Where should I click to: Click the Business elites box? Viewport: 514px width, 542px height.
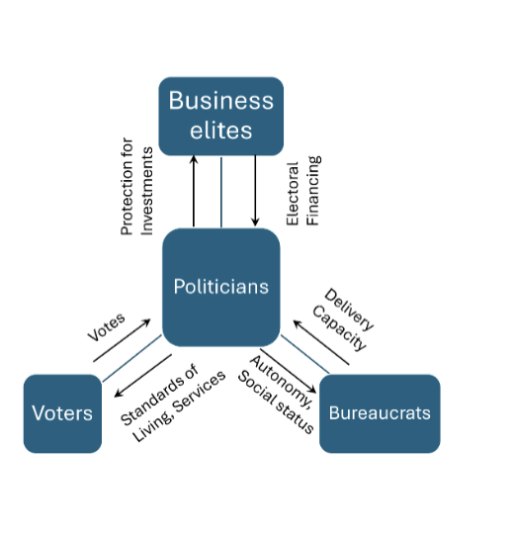(x=220, y=116)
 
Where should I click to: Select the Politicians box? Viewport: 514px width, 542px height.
(x=220, y=287)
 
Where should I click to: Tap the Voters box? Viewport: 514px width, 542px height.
(x=62, y=413)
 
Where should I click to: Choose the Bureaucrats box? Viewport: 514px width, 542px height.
(x=380, y=413)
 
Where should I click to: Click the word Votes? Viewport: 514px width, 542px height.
(x=106, y=327)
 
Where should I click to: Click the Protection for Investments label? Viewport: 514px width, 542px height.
(x=136, y=187)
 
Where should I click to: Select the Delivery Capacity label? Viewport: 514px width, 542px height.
(x=343, y=319)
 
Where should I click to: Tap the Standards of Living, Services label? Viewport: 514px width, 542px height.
(x=173, y=404)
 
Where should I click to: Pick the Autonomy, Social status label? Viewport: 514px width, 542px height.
(x=278, y=394)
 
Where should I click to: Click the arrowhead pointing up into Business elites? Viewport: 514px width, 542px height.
(x=194, y=159)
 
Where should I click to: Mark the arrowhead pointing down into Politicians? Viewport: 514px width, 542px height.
(x=255, y=223)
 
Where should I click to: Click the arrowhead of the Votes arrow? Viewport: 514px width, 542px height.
(x=147, y=321)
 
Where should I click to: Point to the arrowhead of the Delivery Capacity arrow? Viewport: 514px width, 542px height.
(x=298, y=323)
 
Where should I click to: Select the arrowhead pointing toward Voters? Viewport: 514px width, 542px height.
(x=118, y=394)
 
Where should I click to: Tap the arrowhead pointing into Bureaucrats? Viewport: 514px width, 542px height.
(x=312, y=390)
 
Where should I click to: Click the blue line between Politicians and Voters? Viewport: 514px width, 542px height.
(x=131, y=358)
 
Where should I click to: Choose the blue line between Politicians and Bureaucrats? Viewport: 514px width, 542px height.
(x=304, y=354)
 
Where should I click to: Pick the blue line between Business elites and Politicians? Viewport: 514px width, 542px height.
(x=221, y=192)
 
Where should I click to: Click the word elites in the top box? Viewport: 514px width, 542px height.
(x=221, y=131)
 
